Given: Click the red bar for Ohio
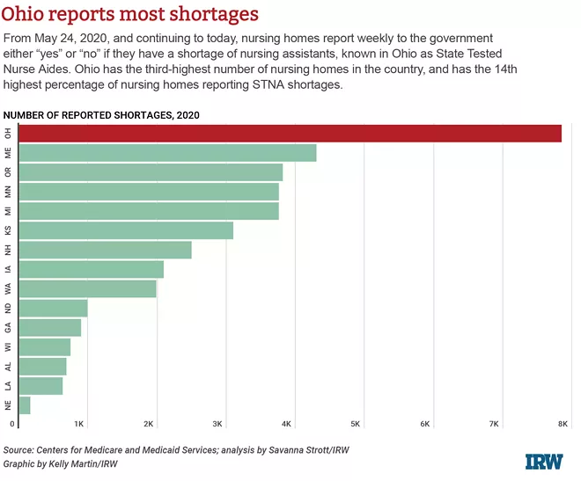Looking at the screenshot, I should (x=290, y=133).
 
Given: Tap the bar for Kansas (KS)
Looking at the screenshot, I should (x=126, y=230).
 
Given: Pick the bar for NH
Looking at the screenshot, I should (x=105, y=250).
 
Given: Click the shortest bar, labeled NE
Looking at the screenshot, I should (x=25, y=405).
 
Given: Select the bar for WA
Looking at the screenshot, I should (x=87, y=288).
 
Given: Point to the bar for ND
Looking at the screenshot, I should (x=53, y=308).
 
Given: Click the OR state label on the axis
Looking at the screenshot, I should (x=8, y=172).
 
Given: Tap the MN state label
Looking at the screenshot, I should (x=8, y=192).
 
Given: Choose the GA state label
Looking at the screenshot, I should (x=8, y=328).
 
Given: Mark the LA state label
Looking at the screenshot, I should (x=8, y=386).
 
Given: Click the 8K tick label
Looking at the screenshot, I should (x=563, y=424).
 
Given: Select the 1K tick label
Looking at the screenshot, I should (x=79, y=424).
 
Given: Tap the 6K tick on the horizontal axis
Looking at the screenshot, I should (x=425, y=424).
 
